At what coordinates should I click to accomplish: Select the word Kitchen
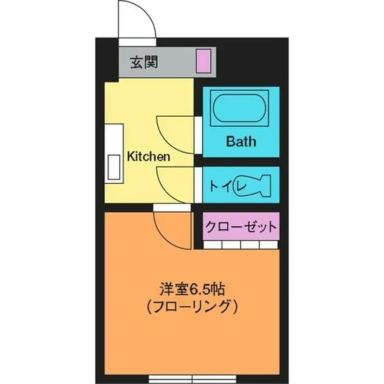click(x=148, y=157)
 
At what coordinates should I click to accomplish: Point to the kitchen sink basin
click(x=113, y=167)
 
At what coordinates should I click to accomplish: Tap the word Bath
click(x=241, y=141)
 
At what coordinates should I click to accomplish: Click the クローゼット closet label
click(x=240, y=227)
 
